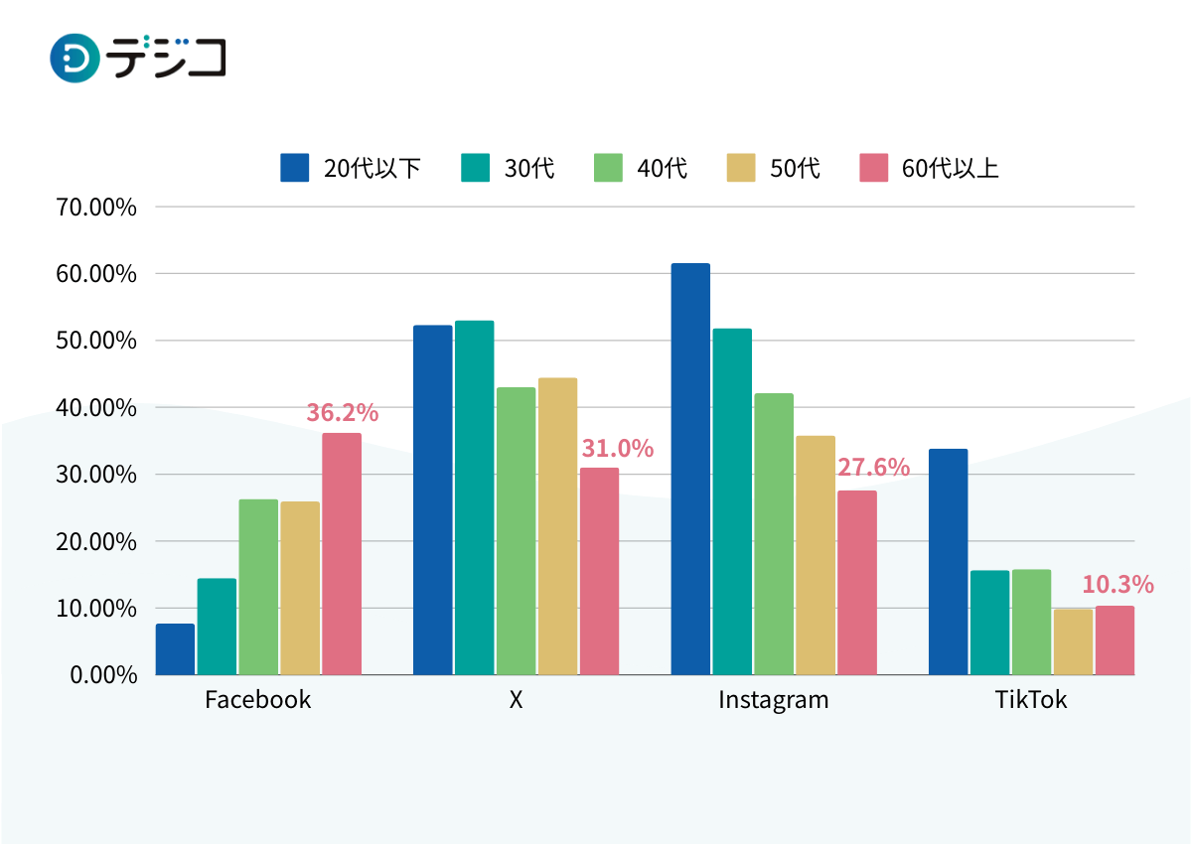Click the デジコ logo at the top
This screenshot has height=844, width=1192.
pyautogui.click(x=138, y=58)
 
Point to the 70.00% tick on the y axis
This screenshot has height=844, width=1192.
pyautogui.click(x=96, y=208)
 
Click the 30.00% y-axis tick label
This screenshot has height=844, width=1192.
pyautogui.click(x=96, y=475)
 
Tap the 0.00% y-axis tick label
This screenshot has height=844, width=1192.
pyautogui.click(x=101, y=675)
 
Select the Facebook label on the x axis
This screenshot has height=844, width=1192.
pyautogui.click(x=257, y=700)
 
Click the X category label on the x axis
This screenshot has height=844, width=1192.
pyautogui.click(x=516, y=700)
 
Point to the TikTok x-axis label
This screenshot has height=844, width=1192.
pyautogui.click(x=1031, y=700)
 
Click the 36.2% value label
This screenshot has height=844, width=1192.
pyautogui.click(x=342, y=413)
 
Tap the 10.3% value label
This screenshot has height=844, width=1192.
pyautogui.click(x=1117, y=585)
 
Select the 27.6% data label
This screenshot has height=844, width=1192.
pyautogui.click(x=873, y=468)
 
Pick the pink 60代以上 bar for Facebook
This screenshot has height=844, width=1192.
pyautogui.click(x=342, y=554)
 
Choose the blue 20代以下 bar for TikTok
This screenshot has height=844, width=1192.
pyautogui.click(x=948, y=562)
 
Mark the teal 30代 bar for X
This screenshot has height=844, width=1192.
pyautogui.click(x=475, y=497)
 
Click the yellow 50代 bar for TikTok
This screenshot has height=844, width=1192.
pyautogui.click(x=1073, y=641)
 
